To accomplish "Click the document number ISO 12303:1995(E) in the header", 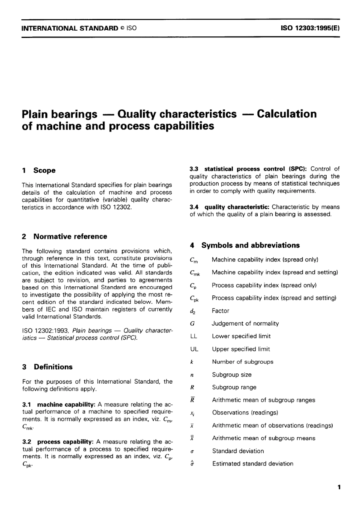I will (310, 28).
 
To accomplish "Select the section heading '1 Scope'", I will (39, 170).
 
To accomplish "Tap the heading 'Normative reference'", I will (70, 236).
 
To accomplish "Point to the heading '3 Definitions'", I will (47, 367).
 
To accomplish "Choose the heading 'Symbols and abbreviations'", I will (250, 245).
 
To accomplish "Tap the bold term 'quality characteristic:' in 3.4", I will (237, 207).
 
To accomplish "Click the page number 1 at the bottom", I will (339, 487).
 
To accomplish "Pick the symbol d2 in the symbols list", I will (193, 311).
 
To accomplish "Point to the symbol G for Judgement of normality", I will (192, 323).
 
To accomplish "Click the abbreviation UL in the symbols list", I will (194, 349).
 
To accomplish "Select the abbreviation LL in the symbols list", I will (194, 336).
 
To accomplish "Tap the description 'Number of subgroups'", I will (243, 362).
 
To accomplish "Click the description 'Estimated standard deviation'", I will (252, 464).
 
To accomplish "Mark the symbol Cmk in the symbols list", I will (194, 273).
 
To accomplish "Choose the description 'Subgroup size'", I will (232, 375).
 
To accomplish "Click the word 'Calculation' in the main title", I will (286, 114).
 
